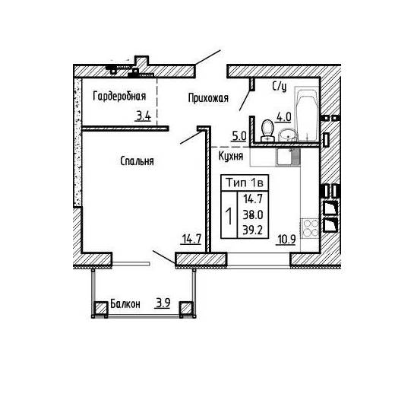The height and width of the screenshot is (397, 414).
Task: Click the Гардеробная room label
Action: (119, 97)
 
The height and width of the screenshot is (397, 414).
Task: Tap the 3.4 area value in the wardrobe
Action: (144, 116)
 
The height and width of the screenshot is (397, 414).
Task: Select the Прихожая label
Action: (208, 98)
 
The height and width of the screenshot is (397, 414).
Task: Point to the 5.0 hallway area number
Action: (239, 136)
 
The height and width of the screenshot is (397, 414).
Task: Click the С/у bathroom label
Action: (280, 86)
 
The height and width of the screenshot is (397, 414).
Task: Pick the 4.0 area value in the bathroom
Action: (283, 117)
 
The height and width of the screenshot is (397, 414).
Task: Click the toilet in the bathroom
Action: (267, 131)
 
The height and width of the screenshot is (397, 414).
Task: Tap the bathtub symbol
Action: (307, 114)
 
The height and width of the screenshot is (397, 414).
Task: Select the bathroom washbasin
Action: (288, 135)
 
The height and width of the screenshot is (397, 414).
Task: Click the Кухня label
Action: (231, 156)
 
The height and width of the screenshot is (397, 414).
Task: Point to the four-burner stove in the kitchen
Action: (311, 228)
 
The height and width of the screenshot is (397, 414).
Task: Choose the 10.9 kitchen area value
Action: (286, 240)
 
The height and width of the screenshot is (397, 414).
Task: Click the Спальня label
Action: (137, 161)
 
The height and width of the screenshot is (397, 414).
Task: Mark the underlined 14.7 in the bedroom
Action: (191, 240)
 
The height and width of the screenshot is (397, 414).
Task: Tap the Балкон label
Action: (125, 304)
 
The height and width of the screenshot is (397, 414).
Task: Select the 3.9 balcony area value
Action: (163, 303)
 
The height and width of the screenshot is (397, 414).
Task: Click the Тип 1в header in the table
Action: (245, 183)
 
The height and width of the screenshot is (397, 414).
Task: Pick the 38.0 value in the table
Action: (253, 215)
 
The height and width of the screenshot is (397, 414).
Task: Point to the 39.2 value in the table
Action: (253, 230)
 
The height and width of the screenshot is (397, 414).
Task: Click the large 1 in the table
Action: (229, 215)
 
